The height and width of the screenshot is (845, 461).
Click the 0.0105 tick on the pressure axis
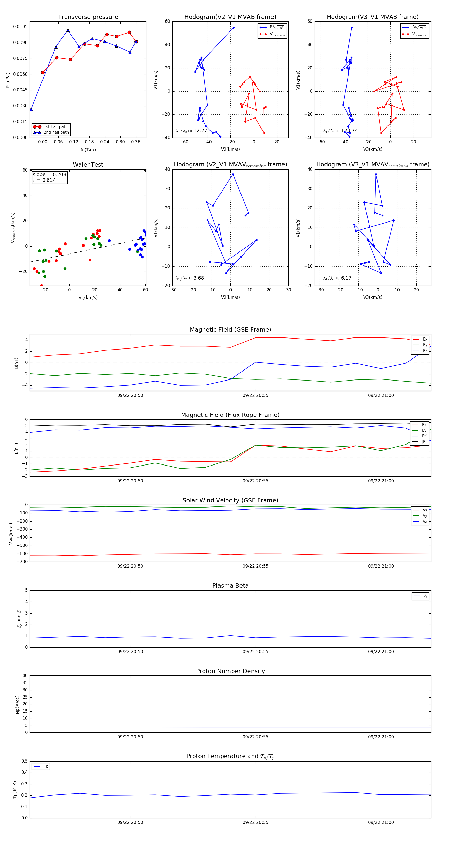20,27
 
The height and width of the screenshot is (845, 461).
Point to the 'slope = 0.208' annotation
49,175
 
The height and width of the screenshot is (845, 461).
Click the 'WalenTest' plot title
88,165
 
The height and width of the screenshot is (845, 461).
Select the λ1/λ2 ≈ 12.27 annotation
191,131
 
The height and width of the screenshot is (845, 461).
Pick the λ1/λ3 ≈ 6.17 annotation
337,278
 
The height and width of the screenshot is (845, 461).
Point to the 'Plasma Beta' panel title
230,586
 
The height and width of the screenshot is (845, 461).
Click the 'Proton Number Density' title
230,671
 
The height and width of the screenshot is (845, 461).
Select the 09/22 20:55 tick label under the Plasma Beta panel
255,652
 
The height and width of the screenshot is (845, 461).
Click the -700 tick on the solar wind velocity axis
22,562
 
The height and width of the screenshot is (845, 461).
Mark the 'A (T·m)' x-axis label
88,150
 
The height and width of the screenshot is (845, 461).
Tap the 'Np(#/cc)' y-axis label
18,705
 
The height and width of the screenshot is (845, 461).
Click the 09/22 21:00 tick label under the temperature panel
381,823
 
